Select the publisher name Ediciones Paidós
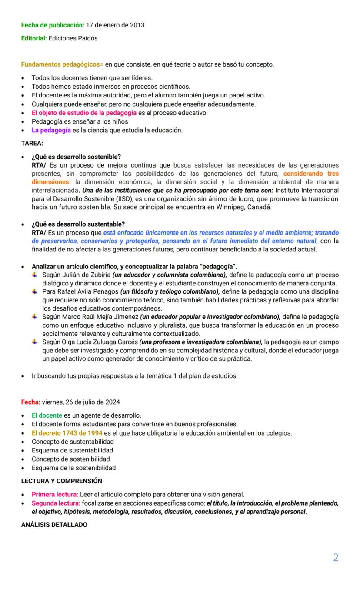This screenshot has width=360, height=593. [x=73, y=38]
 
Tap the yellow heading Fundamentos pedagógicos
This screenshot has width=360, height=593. [x=62, y=64]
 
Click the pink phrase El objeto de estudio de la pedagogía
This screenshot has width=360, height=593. [x=84, y=113]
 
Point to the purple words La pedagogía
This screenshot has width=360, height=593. [x=51, y=130]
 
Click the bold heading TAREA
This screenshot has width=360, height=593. [x=32, y=143]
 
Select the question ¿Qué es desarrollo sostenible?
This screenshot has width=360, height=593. [x=76, y=157]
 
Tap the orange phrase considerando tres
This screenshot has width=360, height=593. [x=311, y=174]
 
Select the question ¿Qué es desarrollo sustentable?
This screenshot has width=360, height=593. [x=78, y=224]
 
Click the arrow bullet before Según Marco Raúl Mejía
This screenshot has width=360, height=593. [x=35, y=317]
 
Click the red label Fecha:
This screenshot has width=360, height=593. [x=31, y=402]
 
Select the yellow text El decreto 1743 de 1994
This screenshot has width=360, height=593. [x=67, y=433]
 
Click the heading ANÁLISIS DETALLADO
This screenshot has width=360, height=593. [x=54, y=525]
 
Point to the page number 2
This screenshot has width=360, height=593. [x=336, y=558]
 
